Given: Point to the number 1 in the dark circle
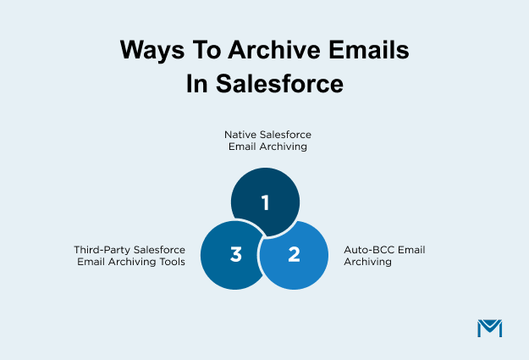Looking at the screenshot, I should (x=265, y=203).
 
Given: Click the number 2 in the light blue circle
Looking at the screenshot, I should (x=294, y=254).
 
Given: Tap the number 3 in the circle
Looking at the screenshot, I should (x=236, y=254).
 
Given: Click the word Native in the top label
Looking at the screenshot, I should (x=239, y=135).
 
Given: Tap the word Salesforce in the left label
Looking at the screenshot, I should (x=157, y=250).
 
